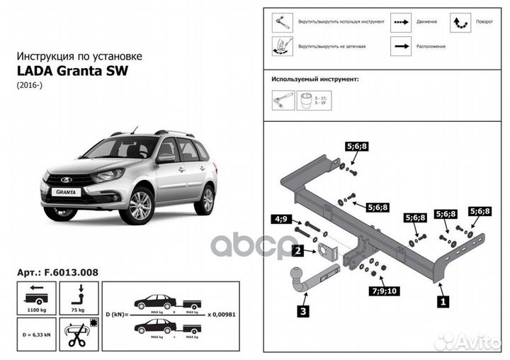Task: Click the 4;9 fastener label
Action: tap(281, 220)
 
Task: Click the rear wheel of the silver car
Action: tap(206, 200)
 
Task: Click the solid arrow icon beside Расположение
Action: tap(402, 45)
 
